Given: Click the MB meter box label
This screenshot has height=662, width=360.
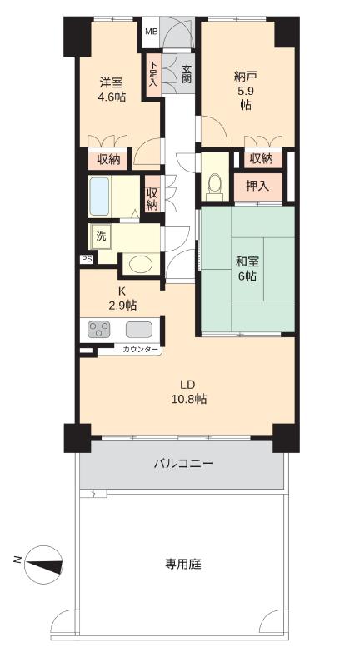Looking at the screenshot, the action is (x=150, y=32).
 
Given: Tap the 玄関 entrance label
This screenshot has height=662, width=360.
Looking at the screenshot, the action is (x=187, y=73).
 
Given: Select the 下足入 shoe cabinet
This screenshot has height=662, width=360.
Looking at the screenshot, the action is (x=152, y=74).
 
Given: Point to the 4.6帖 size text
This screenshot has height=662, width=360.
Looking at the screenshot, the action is (x=112, y=97).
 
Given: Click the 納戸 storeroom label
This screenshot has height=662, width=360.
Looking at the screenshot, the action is (x=246, y=77).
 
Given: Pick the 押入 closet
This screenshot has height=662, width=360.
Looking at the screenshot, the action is (x=257, y=187).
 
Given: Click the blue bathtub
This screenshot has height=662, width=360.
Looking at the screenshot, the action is (x=100, y=196).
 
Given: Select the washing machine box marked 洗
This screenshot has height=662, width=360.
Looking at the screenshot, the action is (x=101, y=237).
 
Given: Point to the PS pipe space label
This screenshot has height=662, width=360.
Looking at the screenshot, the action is (x=86, y=259).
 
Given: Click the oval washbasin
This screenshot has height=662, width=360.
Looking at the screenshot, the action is (x=141, y=264).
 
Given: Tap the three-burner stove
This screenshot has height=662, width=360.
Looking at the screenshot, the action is (x=99, y=330).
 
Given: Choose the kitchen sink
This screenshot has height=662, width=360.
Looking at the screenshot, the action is (x=139, y=330).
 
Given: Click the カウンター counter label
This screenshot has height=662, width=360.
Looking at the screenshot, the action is (x=141, y=350).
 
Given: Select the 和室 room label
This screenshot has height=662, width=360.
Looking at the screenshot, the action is (x=247, y=262).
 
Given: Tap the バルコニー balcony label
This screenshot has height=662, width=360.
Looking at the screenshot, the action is (x=183, y=464).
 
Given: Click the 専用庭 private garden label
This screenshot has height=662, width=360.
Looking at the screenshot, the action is (x=183, y=564).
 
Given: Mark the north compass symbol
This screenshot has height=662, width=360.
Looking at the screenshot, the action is (x=43, y=565).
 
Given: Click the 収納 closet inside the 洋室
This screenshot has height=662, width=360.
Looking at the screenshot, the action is (x=108, y=160).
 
